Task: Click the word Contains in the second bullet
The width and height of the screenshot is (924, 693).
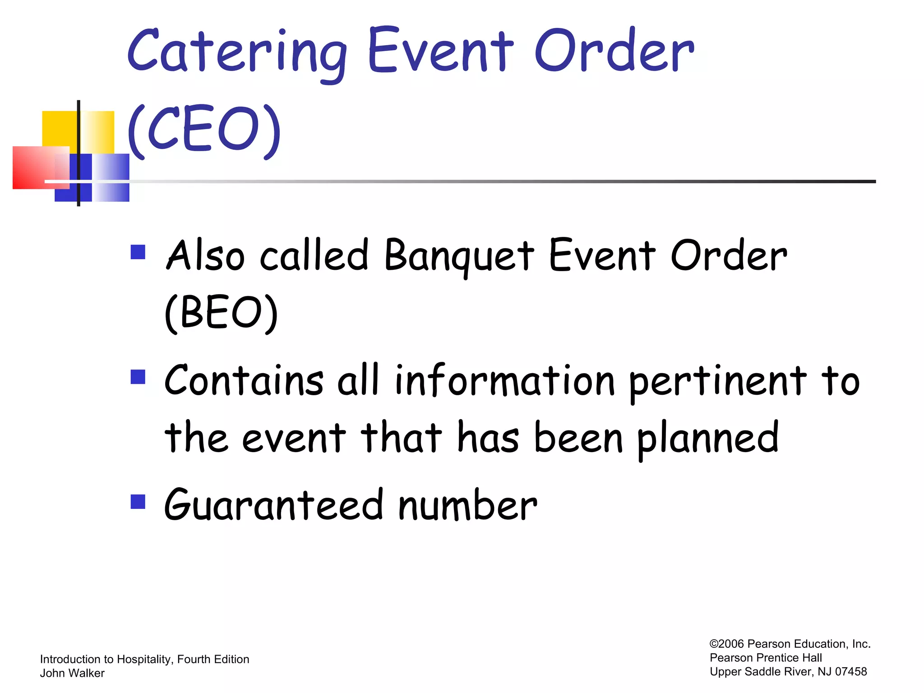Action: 244,381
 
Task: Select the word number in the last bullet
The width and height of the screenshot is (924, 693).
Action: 467,505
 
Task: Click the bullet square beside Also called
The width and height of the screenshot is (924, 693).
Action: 138,252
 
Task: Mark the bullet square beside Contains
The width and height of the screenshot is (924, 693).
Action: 138,377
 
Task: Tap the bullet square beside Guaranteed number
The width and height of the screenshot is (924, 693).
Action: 138,502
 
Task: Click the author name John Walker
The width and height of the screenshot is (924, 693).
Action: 72,673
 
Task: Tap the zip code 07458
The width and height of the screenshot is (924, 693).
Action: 851,672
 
